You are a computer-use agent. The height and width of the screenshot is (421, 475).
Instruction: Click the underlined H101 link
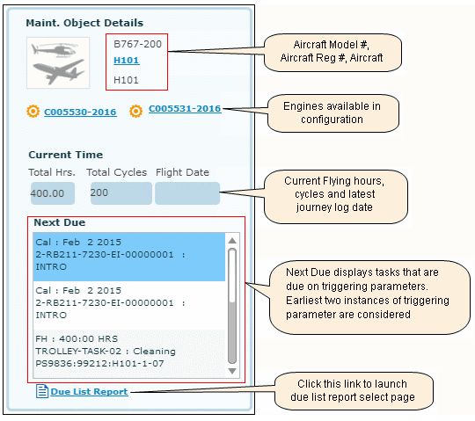tap(127, 61)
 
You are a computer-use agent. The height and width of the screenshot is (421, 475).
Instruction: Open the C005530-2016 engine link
tap(80, 112)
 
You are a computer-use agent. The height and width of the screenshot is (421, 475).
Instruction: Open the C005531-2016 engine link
tap(185, 109)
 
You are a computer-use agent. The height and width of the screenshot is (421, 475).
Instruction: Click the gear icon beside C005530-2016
tap(33, 111)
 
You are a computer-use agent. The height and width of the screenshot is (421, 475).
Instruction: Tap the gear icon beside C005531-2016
tap(136, 111)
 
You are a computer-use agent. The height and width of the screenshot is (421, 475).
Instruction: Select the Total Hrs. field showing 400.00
tap(53, 193)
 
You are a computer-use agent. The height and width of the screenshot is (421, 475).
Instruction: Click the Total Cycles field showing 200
tap(121, 193)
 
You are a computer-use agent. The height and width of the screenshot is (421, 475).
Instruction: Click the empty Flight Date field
tap(187, 193)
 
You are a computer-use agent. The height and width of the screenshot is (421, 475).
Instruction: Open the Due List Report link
tap(89, 392)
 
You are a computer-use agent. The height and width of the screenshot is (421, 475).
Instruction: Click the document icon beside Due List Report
tap(42, 391)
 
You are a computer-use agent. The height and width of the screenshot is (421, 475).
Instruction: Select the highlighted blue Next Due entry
tap(129, 257)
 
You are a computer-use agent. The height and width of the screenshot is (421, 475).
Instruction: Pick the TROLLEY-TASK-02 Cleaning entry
tap(129, 351)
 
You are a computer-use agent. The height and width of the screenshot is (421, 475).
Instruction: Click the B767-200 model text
tap(137, 44)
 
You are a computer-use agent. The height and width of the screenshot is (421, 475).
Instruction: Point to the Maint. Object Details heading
tap(84, 23)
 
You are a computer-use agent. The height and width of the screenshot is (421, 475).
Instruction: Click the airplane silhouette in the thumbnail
tap(58, 71)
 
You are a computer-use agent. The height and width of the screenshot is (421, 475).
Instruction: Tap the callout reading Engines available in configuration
tap(333, 113)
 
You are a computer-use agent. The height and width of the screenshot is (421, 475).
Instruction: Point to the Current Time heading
tap(66, 155)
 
